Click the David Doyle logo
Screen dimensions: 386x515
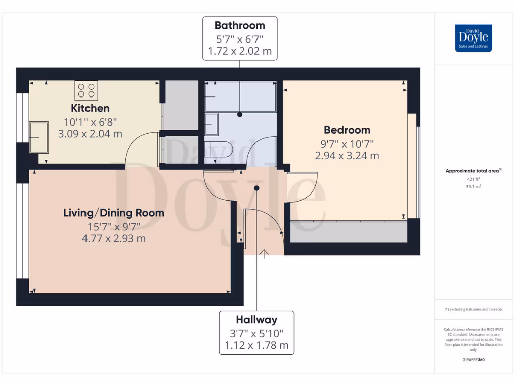(x=473, y=38)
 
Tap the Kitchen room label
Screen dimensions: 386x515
(x=90, y=108)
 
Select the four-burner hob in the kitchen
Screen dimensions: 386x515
(x=87, y=90)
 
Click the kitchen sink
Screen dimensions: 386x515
(x=39, y=137)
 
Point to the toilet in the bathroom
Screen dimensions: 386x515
(x=218, y=150)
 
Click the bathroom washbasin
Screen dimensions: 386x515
(x=211, y=124)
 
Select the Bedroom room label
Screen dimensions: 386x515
(x=347, y=130)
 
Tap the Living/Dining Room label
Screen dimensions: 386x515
(x=114, y=213)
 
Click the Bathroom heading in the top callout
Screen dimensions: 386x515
(x=239, y=25)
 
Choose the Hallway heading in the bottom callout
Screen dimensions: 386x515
(x=256, y=320)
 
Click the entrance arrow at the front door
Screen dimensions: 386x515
(x=264, y=253)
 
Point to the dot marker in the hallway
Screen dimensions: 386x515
(x=256, y=188)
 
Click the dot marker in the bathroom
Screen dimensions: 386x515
(x=240, y=114)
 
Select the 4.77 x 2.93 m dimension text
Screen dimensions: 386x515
(x=114, y=238)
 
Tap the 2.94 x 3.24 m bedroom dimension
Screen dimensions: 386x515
(x=347, y=156)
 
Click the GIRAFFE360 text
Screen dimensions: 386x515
(x=473, y=360)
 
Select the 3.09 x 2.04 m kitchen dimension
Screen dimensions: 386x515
(x=90, y=134)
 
